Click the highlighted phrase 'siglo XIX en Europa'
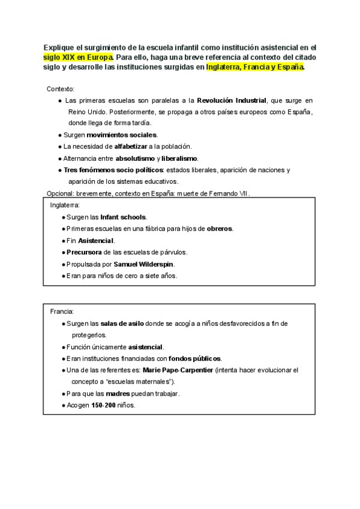[x=78, y=57]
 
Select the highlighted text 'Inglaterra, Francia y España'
[x=255, y=67]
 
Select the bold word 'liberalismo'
[x=179, y=158]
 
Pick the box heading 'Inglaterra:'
[x=65, y=205]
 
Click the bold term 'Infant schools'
[x=123, y=217]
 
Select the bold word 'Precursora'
[x=85, y=252]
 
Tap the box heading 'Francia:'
[x=62, y=312]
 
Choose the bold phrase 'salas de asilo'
[x=122, y=324]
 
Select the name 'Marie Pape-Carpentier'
[x=174, y=370]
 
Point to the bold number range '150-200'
[x=103, y=405]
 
